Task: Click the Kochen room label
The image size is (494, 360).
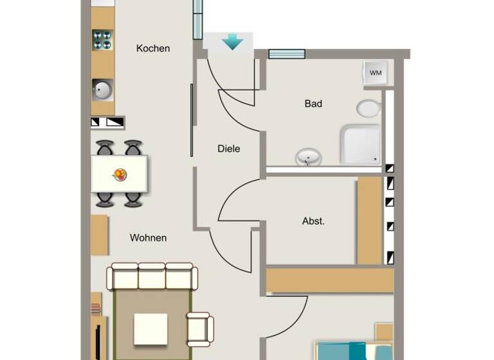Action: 153,48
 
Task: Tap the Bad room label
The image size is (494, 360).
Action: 313,104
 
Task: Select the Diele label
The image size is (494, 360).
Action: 229,148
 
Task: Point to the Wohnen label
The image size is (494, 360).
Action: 148,238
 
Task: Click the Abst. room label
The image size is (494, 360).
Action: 313,221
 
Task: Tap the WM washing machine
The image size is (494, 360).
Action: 375,73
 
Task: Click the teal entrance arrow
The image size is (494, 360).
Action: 232,42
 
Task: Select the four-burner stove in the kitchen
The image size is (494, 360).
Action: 102,40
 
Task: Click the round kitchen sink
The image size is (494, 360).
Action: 102,89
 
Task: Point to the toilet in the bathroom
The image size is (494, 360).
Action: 369,108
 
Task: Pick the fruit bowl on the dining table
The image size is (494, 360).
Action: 120,174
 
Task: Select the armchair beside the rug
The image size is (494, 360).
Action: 199,328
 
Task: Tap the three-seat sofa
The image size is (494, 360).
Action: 151,276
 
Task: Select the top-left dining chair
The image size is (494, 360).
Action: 105,148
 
